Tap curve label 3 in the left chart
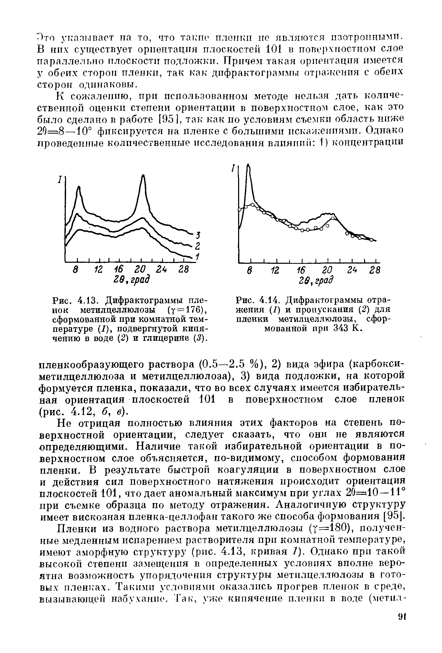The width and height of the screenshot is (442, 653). point(198,235)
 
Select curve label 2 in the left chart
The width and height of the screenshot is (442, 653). point(197,246)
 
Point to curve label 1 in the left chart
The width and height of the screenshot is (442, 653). point(198,256)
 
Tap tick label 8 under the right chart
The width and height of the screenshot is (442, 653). point(249,270)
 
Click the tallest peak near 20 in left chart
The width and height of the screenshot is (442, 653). point(143,176)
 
